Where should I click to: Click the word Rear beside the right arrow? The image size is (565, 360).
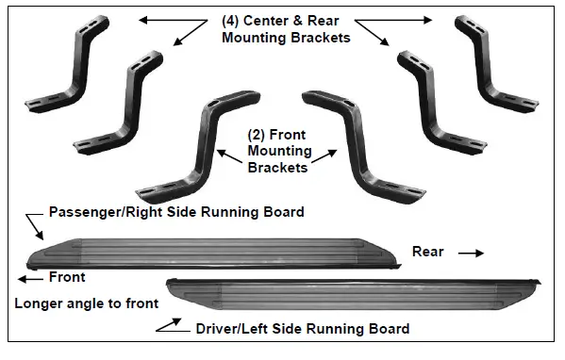(428, 252)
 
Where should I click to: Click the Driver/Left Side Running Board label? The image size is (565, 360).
(302, 329)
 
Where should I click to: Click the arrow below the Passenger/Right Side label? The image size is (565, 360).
(34, 226)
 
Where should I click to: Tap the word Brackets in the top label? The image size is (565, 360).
(321, 38)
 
